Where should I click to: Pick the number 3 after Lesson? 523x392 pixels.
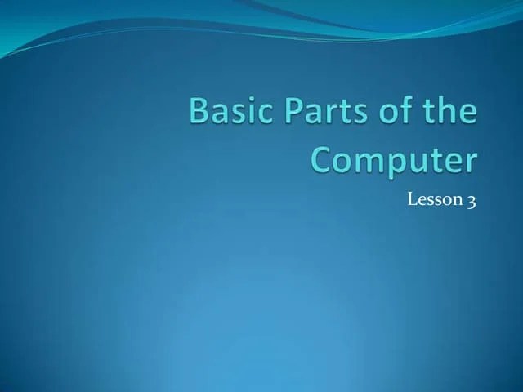471,201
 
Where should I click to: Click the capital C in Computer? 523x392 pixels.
325,159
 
